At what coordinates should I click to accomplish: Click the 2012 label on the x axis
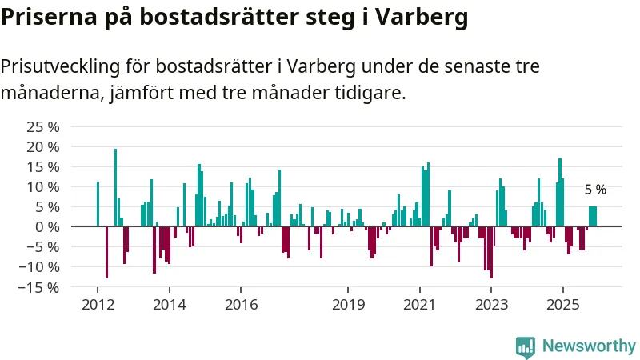click(x=98, y=305)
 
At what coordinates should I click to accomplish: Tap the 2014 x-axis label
click(x=169, y=305)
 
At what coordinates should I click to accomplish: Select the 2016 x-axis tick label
click(x=241, y=305)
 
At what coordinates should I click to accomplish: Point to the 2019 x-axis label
click(x=348, y=305)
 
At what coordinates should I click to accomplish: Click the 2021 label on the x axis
click(x=419, y=305)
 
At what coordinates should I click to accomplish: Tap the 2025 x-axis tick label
click(x=562, y=305)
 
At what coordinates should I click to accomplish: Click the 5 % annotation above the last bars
click(x=595, y=190)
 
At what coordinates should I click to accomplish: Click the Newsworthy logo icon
click(x=526, y=346)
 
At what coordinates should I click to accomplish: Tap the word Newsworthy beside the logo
click(x=589, y=346)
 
